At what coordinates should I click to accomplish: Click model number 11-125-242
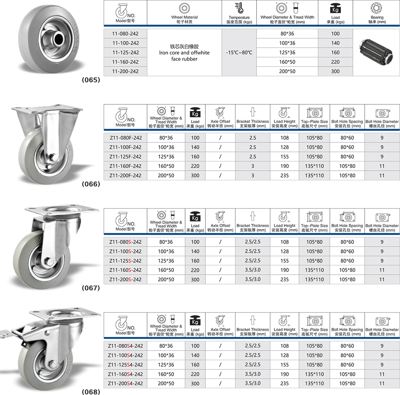126,52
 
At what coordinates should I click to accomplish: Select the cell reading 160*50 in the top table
287,62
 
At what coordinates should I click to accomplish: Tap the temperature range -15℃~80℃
239,52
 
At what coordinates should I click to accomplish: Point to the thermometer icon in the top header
239,8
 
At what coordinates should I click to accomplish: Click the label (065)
91,80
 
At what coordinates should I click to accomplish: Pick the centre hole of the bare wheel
58,38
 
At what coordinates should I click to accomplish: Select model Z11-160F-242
125,166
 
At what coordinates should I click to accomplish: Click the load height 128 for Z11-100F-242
284,147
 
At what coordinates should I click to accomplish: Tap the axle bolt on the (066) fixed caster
54,158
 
